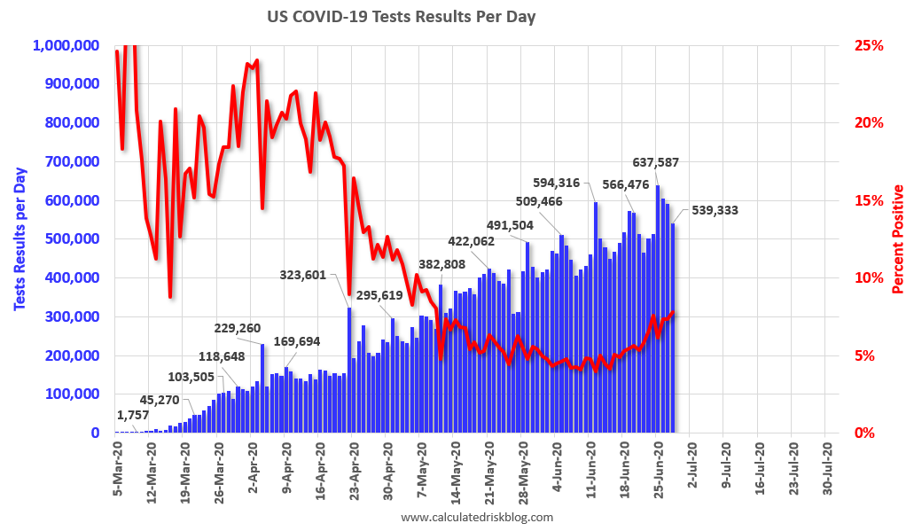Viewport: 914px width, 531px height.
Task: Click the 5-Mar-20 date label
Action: coord(117,470)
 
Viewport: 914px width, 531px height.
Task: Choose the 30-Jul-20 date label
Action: coord(826,470)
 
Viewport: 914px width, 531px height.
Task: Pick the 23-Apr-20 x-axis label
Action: coord(354,470)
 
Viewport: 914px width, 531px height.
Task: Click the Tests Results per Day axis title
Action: coord(20,238)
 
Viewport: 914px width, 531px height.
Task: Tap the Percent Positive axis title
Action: coord(898,238)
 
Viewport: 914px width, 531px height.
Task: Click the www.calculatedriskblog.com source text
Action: coord(477,517)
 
